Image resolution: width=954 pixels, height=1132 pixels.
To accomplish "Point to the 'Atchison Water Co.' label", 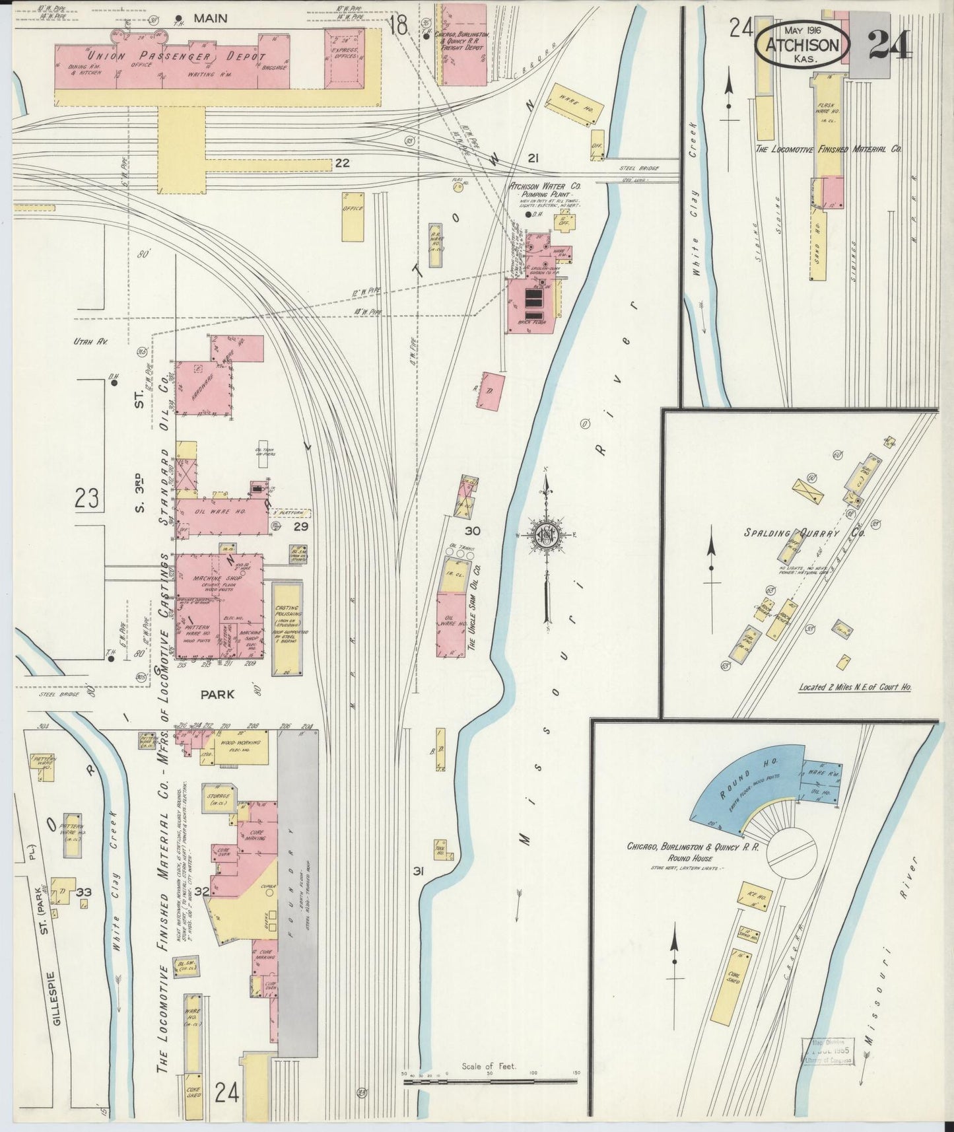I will click(543, 186).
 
